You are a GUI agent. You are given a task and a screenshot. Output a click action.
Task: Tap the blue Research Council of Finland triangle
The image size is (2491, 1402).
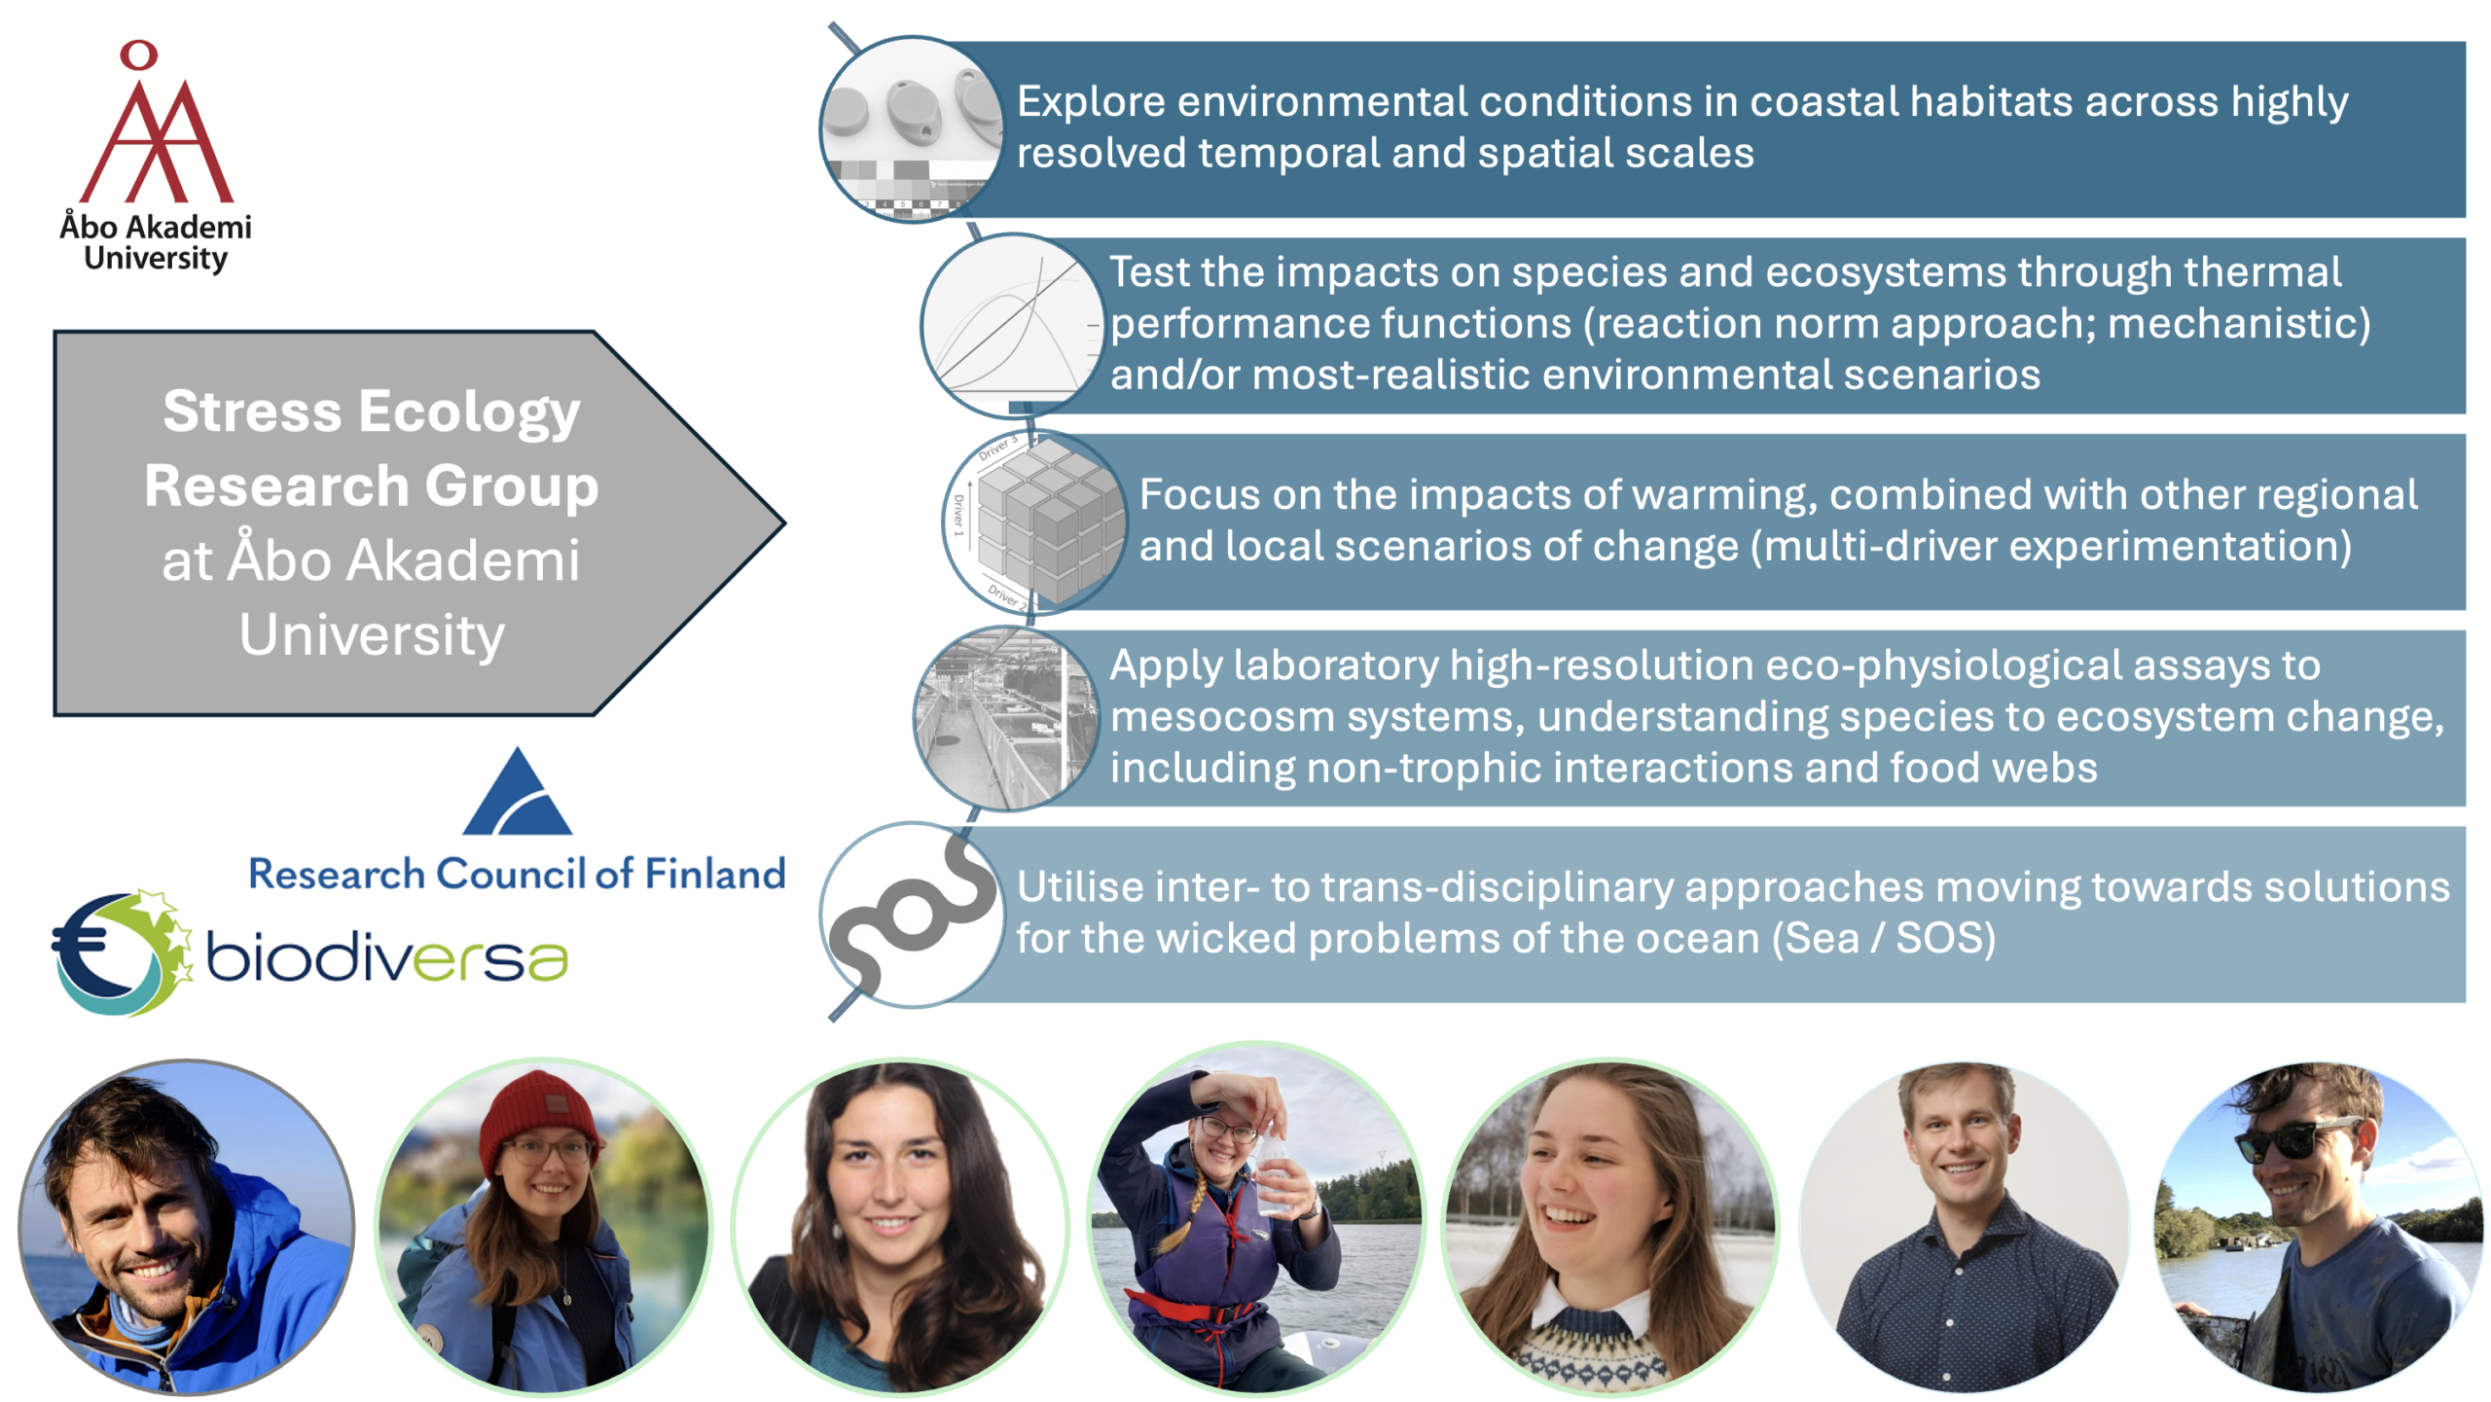tap(517, 791)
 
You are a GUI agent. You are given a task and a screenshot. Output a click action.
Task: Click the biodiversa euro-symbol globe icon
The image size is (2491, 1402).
tap(122, 953)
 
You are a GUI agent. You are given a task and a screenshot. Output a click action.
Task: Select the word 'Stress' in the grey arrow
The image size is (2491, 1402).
tap(253, 411)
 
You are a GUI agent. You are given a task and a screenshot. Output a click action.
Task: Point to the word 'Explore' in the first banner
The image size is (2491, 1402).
tap(1091, 102)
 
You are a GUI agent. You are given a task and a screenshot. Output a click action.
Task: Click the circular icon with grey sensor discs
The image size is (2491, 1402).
tap(911, 129)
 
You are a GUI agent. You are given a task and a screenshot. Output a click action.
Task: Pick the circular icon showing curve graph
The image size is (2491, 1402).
tap(1012, 326)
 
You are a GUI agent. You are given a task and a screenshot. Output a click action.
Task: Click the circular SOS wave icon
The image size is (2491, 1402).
tap(911, 915)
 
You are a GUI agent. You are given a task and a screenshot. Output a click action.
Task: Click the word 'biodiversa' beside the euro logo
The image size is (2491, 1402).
tap(387, 956)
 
